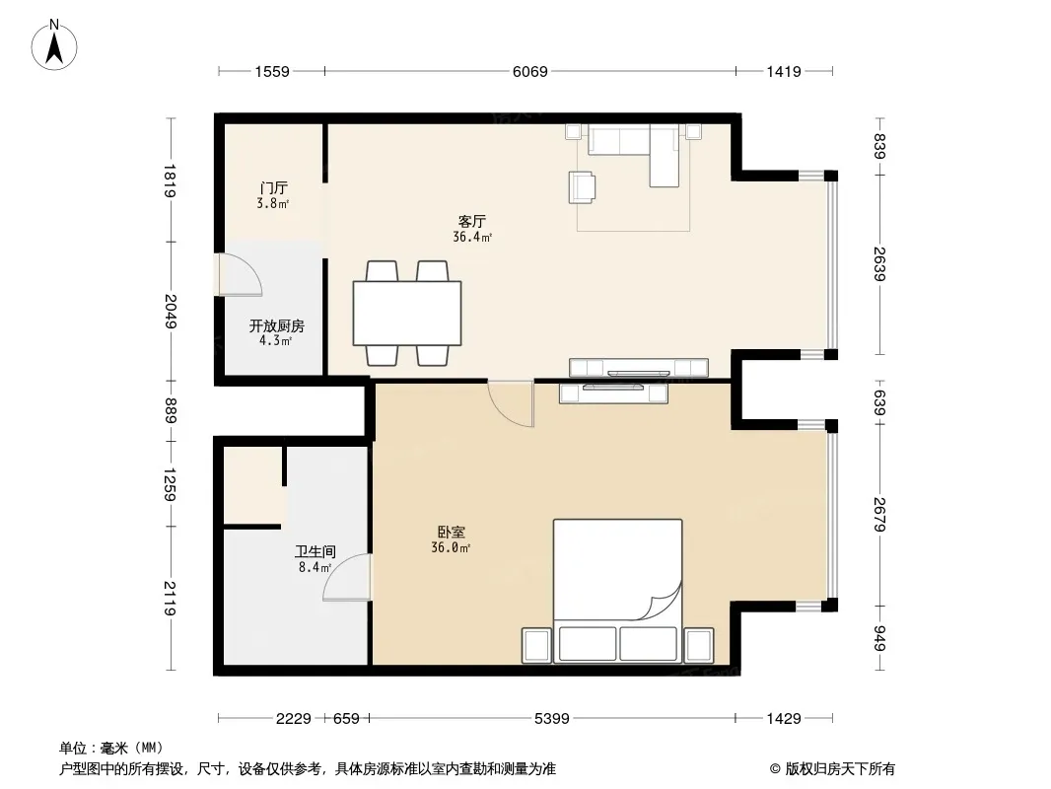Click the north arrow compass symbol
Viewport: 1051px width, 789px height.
click(x=54, y=45)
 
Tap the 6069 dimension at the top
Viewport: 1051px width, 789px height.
click(x=530, y=71)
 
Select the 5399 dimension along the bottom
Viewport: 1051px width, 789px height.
click(x=552, y=719)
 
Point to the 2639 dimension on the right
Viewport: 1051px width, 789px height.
click(x=879, y=264)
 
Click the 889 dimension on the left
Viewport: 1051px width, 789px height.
click(x=171, y=411)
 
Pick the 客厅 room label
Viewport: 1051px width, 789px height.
click(x=472, y=221)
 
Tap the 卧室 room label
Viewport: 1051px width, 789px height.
click(x=452, y=533)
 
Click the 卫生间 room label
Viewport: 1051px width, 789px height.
click(x=315, y=551)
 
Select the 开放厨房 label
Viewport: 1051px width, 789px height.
click(x=277, y=325)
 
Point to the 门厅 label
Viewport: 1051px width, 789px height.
click(x=273, y=187)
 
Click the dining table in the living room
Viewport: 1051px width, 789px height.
click(x=407, y=313)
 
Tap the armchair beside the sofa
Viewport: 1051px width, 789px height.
click(x=582, y=187)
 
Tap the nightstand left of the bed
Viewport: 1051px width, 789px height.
click(x=536, y=645)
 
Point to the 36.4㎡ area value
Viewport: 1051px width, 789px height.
click(x=472, y=238)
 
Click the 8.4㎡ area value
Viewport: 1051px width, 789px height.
click(x=315, y=568)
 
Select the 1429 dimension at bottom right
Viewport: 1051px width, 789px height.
click(x=784, y=719)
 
